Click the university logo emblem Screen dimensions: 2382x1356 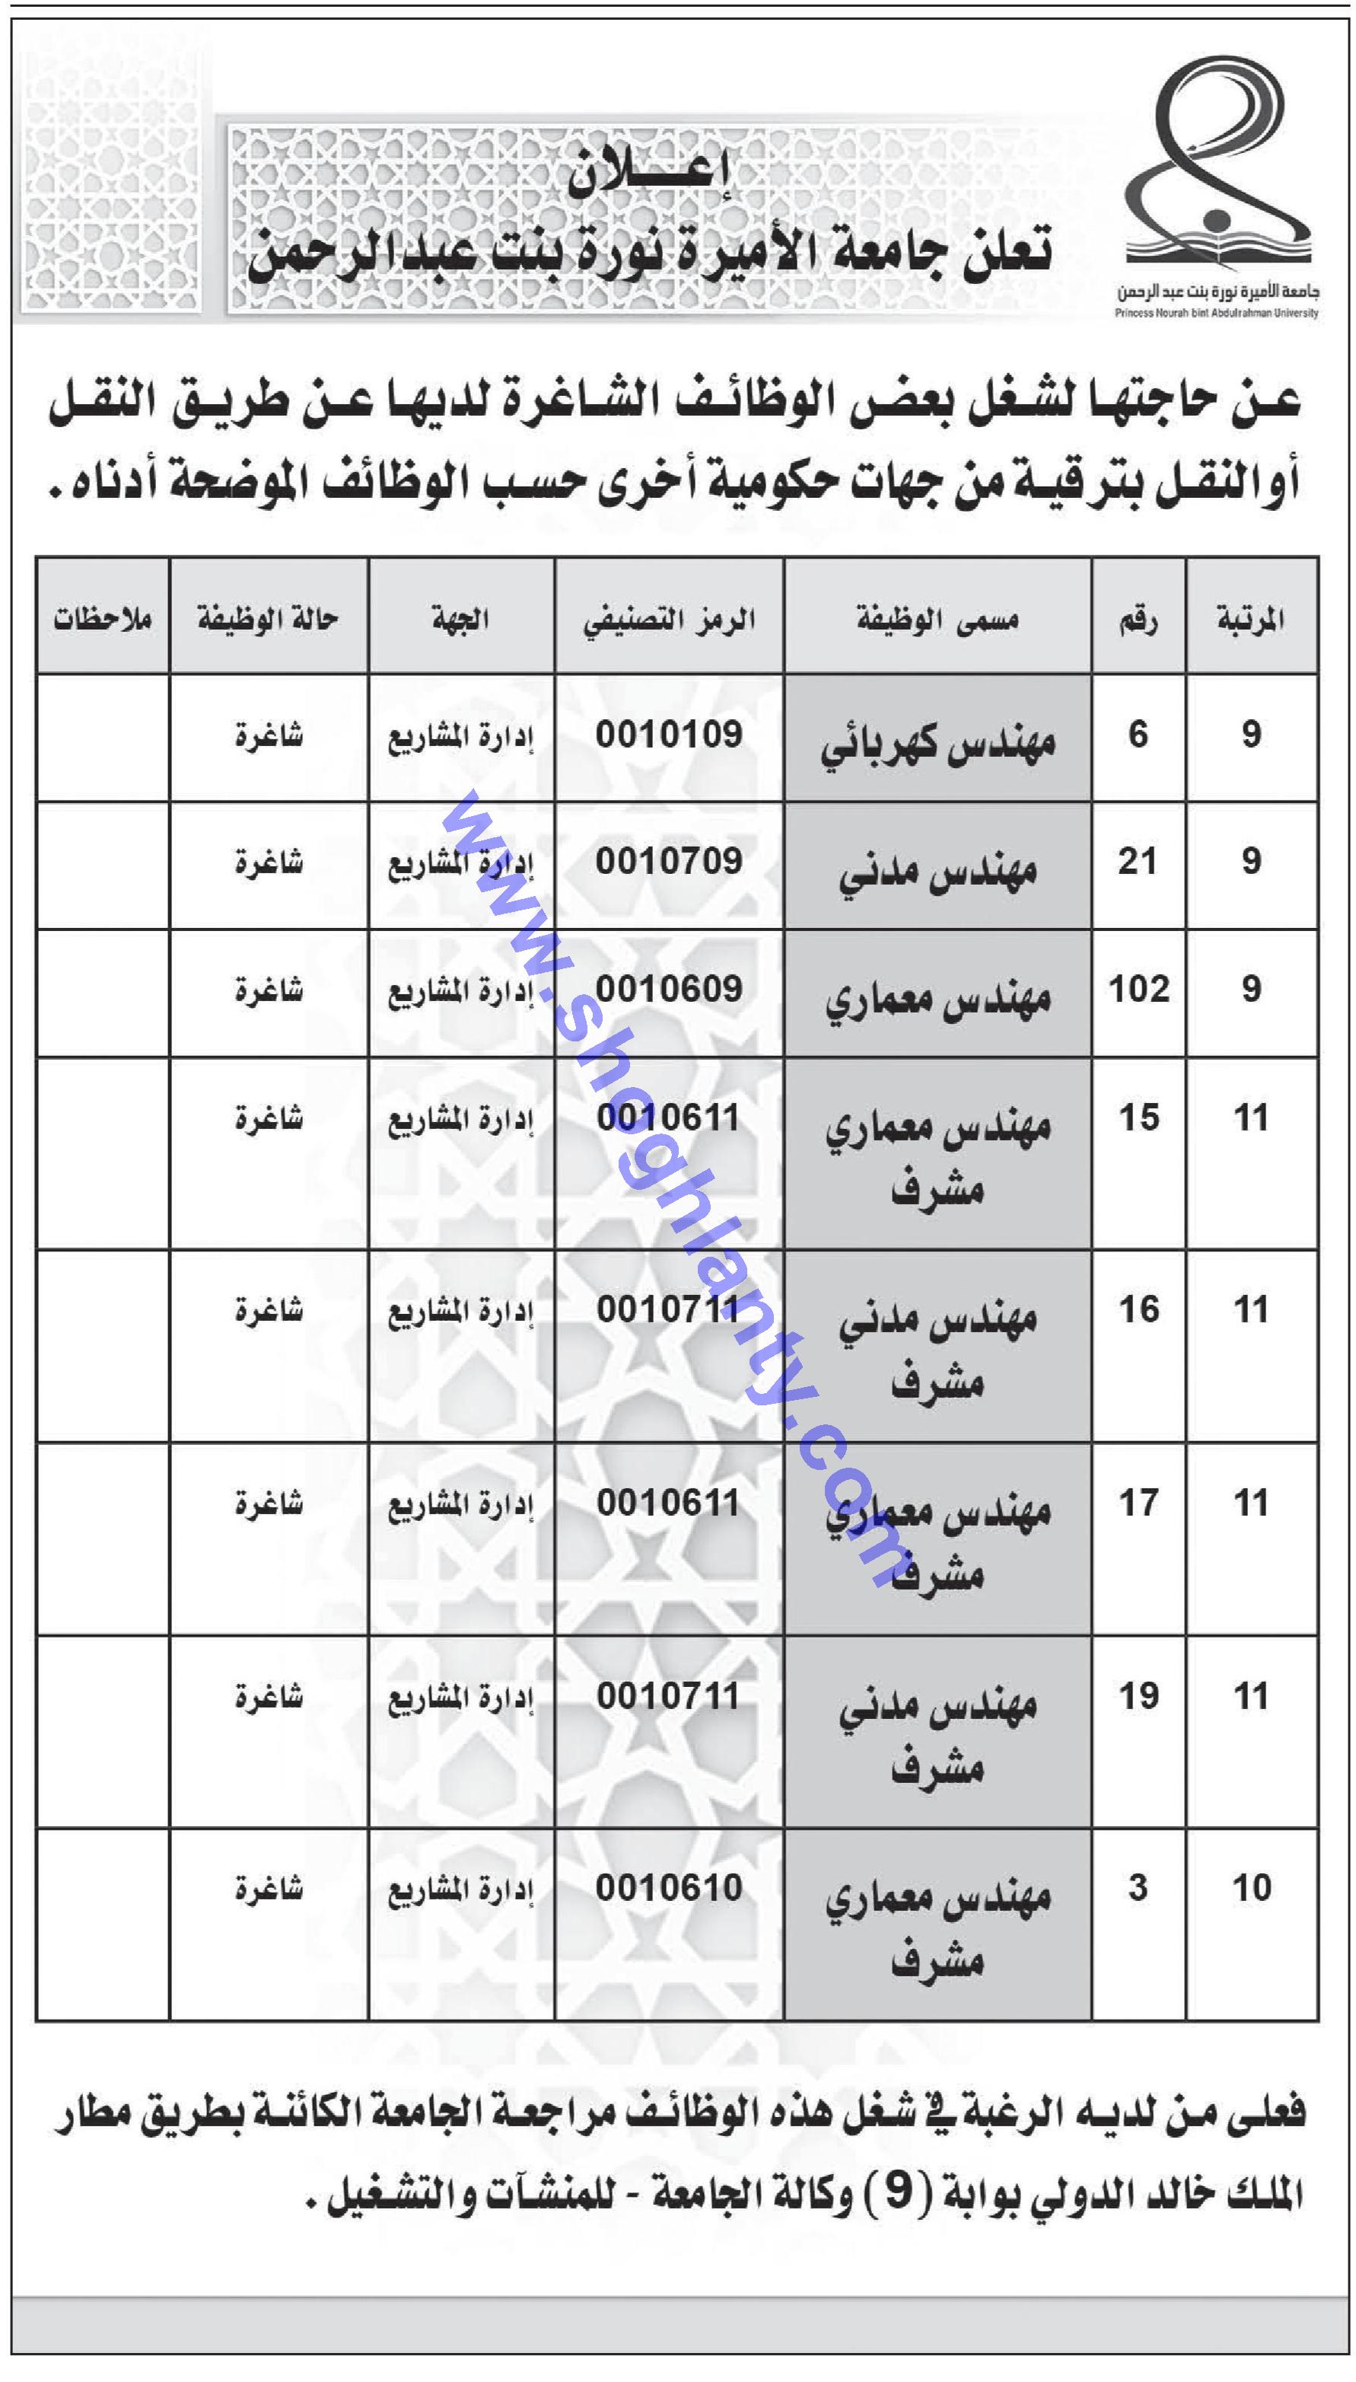click(x=1216, y=167)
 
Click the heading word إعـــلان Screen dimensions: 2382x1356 click(x=649, y=171)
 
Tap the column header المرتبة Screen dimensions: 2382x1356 click(x=1251, y=619)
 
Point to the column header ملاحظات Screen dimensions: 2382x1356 click(x=103, y=619)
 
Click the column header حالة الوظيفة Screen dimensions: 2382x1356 click(x=267, y=619)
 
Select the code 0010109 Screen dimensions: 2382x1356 click(x=669, y=735)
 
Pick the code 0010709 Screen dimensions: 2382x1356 click(x=669, y=862)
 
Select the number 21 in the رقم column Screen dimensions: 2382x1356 click(x=1138, y=862)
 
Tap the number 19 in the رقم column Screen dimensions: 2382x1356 click(x=1138, y=1695)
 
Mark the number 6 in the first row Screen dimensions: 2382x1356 click(x=1138, y=735)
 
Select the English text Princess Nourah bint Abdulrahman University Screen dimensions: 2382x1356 click(x=1216, y=314)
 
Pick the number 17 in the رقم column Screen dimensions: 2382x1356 click(x=1138, y=1503)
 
